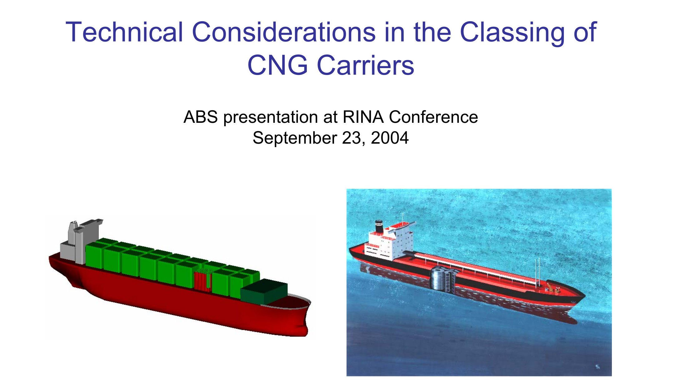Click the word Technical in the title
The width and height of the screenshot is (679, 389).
[x=124, y=32]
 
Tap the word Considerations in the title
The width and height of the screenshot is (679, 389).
[x=283, y=32]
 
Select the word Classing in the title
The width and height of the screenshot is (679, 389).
[x=512, y=32]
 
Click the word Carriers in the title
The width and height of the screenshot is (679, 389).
[x=365, y=65]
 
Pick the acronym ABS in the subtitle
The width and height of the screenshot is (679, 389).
[x=200, y=117]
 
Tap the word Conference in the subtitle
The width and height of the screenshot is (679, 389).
[x=433, y=117]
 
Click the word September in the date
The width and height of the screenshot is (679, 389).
[x=295, y=138]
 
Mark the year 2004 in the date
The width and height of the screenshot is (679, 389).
[x=390, y=138]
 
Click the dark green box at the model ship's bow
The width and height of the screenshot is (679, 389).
[x=264, y=291]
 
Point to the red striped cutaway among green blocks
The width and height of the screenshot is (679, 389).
[x=203, y=281]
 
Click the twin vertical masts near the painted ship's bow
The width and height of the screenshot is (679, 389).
[x=538, y=272]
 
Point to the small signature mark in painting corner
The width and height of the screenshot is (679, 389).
[x=598, y=367]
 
